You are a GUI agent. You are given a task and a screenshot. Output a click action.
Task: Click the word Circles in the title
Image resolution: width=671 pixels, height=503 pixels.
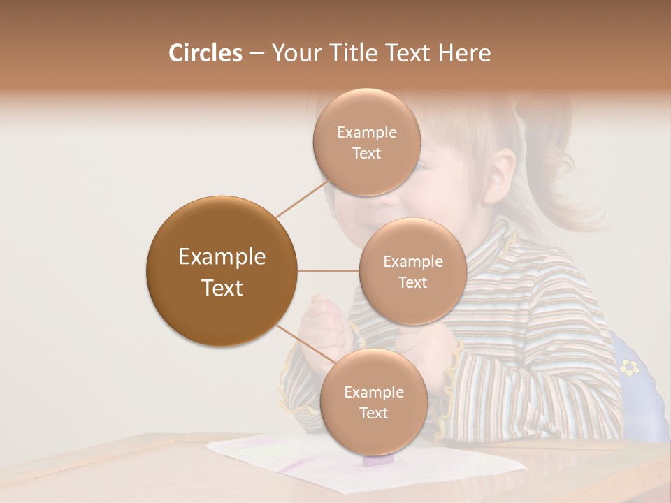tap(205, 53)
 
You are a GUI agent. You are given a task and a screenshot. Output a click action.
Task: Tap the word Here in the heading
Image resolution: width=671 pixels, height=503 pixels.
tap(464, 53)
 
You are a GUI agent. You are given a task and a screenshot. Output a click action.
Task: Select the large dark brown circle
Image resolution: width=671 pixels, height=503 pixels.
tap(222, 271)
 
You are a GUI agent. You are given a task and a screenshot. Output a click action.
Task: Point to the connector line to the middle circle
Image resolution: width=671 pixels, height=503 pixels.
tap(329, 271)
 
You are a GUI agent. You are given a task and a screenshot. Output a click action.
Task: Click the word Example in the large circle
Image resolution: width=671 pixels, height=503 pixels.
tap(222, 257)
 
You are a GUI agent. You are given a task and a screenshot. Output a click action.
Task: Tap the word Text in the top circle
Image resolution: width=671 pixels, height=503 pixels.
tap(367, 154)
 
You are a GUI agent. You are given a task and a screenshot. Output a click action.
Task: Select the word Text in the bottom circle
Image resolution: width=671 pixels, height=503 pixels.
tap(373, 413)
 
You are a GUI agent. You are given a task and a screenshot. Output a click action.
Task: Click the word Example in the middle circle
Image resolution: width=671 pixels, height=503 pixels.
tap(412, 262)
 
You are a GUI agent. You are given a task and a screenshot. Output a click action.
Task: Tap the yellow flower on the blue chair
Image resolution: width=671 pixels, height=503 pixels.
tap(629, 366)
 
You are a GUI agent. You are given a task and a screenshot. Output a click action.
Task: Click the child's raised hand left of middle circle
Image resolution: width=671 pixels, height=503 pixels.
tap(323, 321)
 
